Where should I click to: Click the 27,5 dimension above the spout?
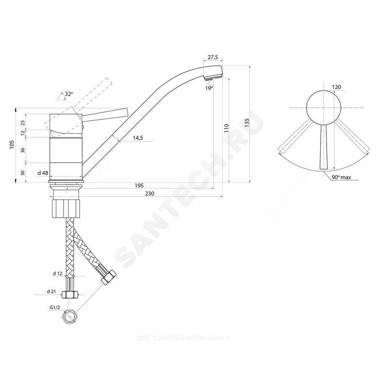click(213, 57)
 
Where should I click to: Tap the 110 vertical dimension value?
click(226, 128)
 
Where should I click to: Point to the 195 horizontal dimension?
click(139, 185)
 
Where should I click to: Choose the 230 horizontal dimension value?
click(150, 194)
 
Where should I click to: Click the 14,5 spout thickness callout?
click(138, 138)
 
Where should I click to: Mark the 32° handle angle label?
click(68, 94)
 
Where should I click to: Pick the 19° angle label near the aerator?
click(209, 88)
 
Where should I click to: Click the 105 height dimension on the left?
click(12, 145)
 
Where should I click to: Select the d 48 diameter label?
click(43, 173)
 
